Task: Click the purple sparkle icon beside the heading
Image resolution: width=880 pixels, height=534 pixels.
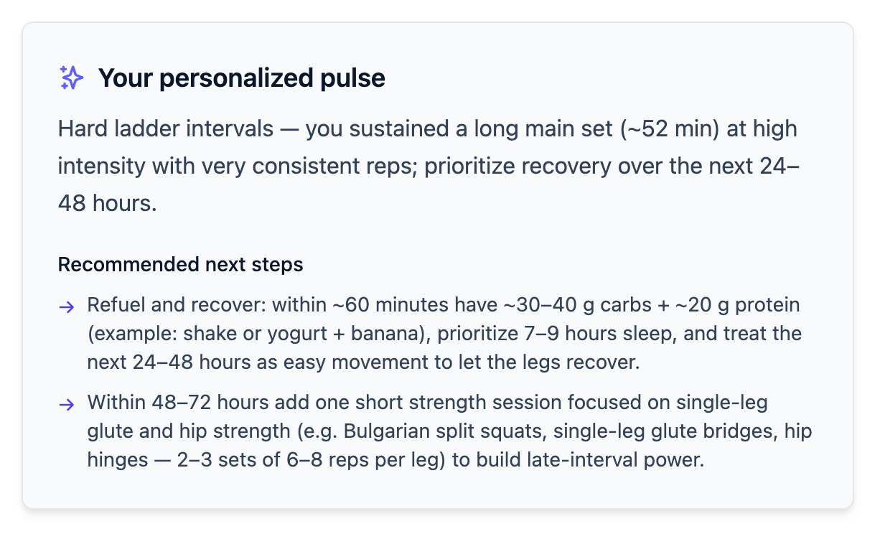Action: (71, 78)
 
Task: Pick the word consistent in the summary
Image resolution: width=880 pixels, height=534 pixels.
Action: (310, 167)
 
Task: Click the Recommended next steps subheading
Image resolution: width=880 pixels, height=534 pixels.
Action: (180, 264)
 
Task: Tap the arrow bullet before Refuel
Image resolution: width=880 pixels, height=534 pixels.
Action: (67, 307)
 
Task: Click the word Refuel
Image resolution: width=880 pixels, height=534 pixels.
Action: (112, 305)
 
